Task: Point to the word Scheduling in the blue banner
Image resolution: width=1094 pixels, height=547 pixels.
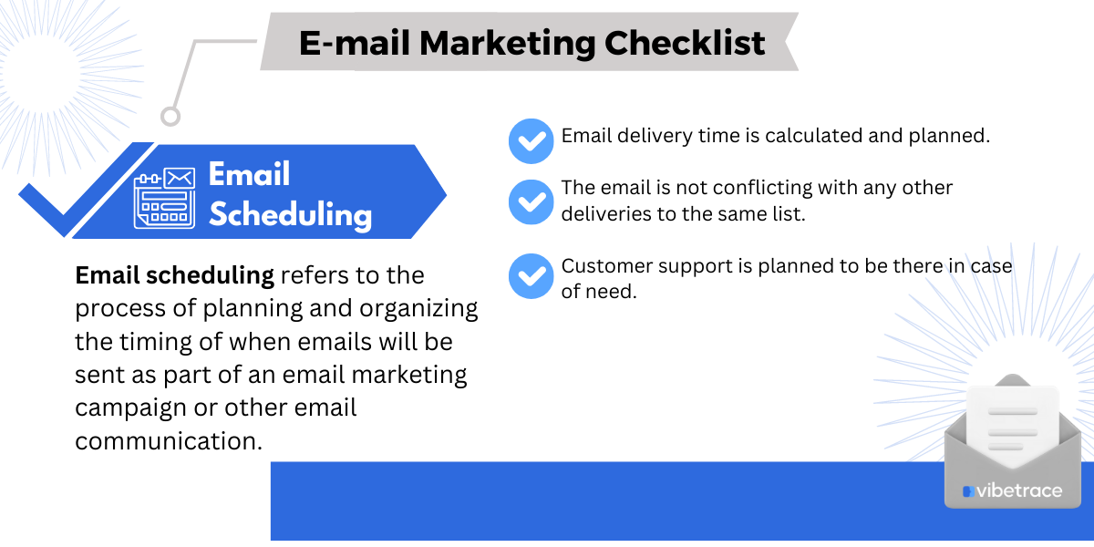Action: (x=290, y=215)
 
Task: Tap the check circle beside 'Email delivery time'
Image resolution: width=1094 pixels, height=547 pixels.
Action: (x=531, y=141)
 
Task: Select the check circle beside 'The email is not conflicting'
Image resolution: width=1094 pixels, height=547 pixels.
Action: (x=531, y=201)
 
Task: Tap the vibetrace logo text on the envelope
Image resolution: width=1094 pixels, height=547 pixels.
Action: (x=1018, y=491)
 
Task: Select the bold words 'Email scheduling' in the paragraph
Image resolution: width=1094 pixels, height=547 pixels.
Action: (x=174, y=275)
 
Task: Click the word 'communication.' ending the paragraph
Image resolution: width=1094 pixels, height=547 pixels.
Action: (x=169, y=441)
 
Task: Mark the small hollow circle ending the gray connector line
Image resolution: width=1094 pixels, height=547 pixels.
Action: (x=170, y=116)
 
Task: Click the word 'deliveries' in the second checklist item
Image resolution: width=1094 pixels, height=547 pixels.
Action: (x=604, y=213)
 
